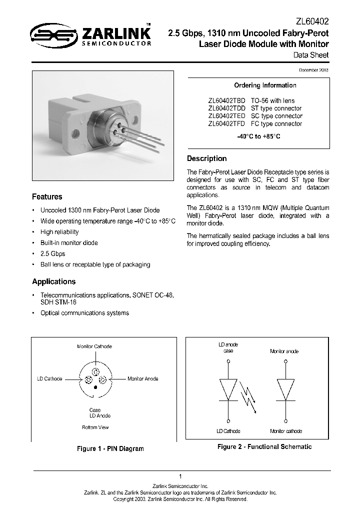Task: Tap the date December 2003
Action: [314, 70]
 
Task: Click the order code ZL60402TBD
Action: [226, 100]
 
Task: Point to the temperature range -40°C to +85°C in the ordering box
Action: [258, 136]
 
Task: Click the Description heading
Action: [206, 158]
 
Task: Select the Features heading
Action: [47, 196]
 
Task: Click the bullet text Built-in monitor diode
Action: [69, 243]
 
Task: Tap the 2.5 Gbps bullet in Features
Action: [52, 253]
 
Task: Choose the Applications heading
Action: [53, 281]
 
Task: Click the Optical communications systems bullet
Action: [84, 313]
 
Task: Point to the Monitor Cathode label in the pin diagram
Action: [94, 346]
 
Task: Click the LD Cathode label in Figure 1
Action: [49, 379]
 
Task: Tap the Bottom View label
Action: [95, 427]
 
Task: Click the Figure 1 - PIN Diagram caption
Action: [110, 448]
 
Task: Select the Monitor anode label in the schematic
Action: [284, 351]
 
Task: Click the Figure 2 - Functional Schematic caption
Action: [264, 446]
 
